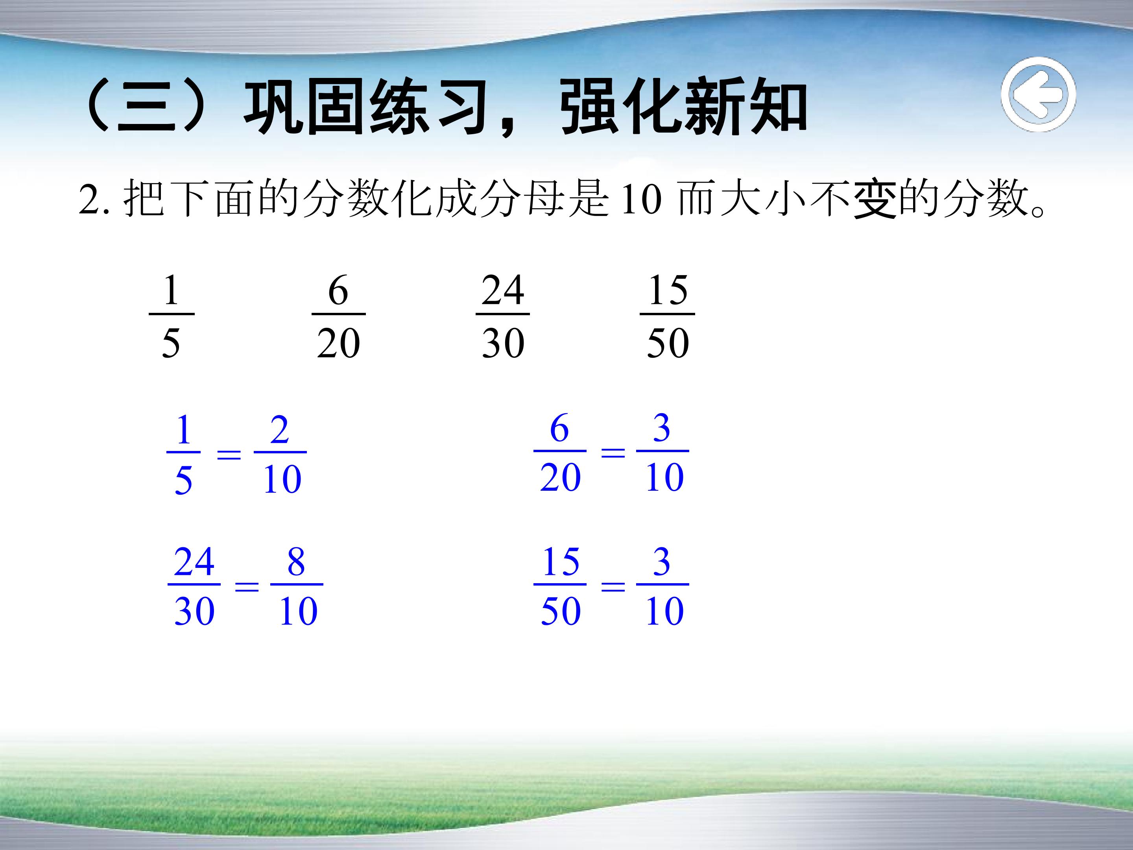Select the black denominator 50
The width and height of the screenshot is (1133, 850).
[667, 343]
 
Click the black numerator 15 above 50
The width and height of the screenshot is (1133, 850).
[667, 290]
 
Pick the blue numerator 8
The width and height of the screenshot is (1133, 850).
[296, 562]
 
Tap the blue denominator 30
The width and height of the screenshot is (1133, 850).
[194, 611]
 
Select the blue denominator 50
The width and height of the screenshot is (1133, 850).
[560, 611]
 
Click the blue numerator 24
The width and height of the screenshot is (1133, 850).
[194, 562]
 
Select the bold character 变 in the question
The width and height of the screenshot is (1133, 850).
[875, 199]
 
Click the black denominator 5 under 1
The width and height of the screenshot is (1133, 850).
[171, 343]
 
